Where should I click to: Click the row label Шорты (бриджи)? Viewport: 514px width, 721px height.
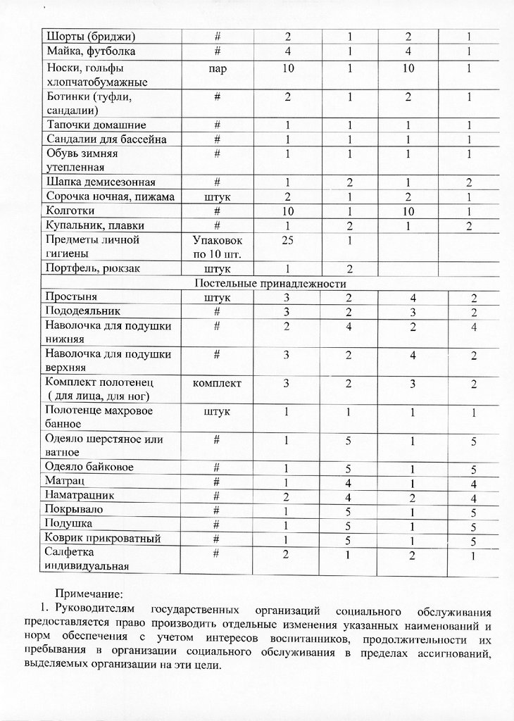click(91, 36)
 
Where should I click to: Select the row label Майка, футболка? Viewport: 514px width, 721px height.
click(91, 51)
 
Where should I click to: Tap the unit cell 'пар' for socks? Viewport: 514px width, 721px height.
click(218, 69)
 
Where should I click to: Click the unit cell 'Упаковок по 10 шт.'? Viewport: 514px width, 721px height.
click(218, 246)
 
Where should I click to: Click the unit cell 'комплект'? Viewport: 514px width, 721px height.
click(218, 383)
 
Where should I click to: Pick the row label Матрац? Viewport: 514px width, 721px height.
click(65, 482)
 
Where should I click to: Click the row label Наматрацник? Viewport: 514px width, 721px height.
click(79, 496)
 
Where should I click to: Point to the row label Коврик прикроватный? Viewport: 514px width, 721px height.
click(103, 539)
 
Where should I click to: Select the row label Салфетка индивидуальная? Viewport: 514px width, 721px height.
click(87, 559)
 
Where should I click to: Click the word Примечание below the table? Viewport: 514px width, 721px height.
click(89, 594)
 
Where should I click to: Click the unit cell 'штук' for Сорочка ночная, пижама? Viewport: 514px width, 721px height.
click(218, 197)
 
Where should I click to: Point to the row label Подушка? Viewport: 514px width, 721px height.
click(68, 525)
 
